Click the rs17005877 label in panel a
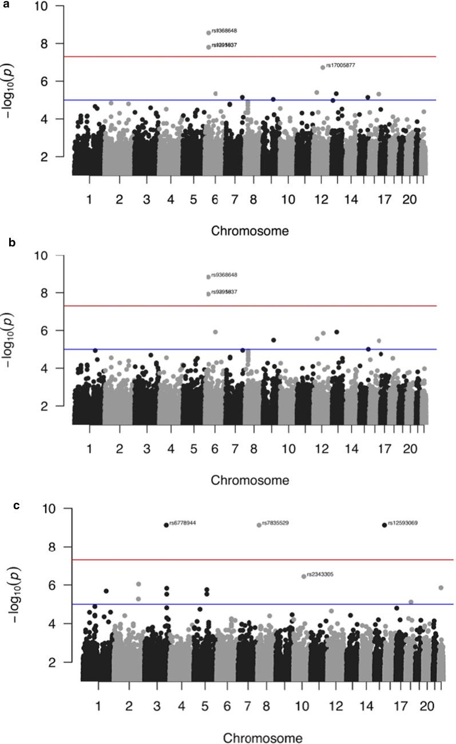340,65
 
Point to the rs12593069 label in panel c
402,523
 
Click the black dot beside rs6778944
166,525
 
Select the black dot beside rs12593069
384,525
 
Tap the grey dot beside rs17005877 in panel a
323,68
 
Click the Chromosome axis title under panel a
249,231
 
